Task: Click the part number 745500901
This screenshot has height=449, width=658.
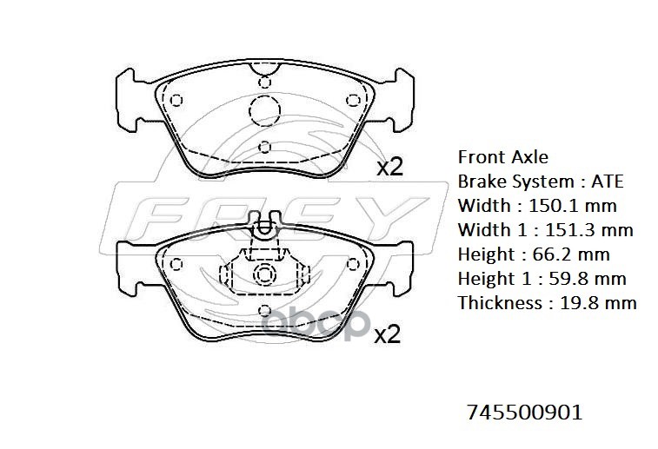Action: pos(524,413)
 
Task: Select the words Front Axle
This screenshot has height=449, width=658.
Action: pos(502,157)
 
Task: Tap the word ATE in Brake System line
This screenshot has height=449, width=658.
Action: pos(608,182)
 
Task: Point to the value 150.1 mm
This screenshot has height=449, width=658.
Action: pos(573,206)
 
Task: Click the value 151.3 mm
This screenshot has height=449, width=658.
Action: pos(588,230)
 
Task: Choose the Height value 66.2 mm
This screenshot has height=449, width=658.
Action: pos(571,254)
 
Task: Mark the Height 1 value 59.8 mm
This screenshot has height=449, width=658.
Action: pos(588,279)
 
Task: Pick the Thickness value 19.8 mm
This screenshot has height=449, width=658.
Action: pos(598,303)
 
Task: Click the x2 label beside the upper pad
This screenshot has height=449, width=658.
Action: pos(390,168)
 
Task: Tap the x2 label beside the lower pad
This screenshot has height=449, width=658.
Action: pos(388,335)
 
